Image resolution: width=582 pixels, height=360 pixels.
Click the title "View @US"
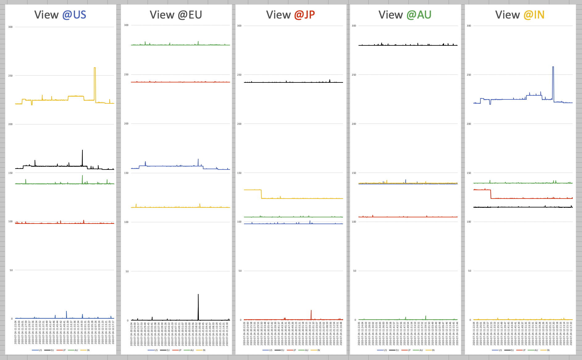(x=60, y=15)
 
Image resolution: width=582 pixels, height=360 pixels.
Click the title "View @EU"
(x=176, y=15)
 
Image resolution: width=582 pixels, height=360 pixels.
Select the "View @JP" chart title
(x=291, y=15)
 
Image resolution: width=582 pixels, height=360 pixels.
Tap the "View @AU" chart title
(x=405, y=15)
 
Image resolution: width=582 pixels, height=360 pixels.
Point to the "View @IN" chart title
(x=520, y=15)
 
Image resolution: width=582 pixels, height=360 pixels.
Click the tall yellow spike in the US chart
(x=95, y=68)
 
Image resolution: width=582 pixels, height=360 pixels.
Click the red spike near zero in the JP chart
(x=311, y=311)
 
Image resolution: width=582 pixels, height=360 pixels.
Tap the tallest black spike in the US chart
(x=82, y=151)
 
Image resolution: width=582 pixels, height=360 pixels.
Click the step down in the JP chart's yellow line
(x=262, y=194)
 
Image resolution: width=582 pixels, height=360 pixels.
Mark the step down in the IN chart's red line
(x=491, y=194)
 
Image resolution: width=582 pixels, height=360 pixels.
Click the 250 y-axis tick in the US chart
(x=10, y=76)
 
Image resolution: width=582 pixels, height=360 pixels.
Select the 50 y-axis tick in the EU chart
(x=127, y=271)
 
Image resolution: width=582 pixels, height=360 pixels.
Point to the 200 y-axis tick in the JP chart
(x=239, y=124)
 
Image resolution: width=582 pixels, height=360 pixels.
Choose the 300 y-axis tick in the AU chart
(x=354, y=26)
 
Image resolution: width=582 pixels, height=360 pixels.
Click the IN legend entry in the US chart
(x=88, y=350)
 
